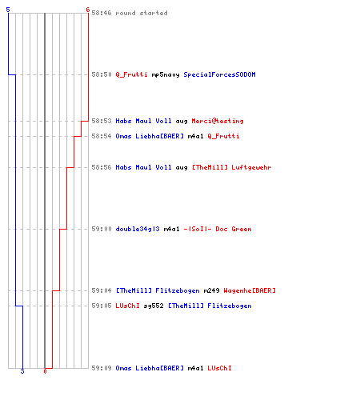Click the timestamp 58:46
pos(102,13)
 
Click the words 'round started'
pos(142,13)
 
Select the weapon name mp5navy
pos(166,74)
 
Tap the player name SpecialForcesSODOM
pos(219,74)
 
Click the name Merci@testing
pos(218,121)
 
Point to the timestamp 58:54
pos(102,136)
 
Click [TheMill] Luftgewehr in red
pos(232,167)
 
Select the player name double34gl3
pos(138,229)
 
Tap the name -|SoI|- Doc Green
pos(218,229)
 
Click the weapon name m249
pos(211,290)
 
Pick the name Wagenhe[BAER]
pos(250,290)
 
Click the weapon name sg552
pos(154,306)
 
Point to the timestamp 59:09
pos(102,368)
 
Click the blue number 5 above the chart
pos(8,10)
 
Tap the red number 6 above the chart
pos(88,10)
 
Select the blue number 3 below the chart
pos(22,371)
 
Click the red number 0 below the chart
pos(45,371)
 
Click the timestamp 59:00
pos(102,229)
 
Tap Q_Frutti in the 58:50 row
pos(131,74)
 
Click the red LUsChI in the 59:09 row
pos(219,368)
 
